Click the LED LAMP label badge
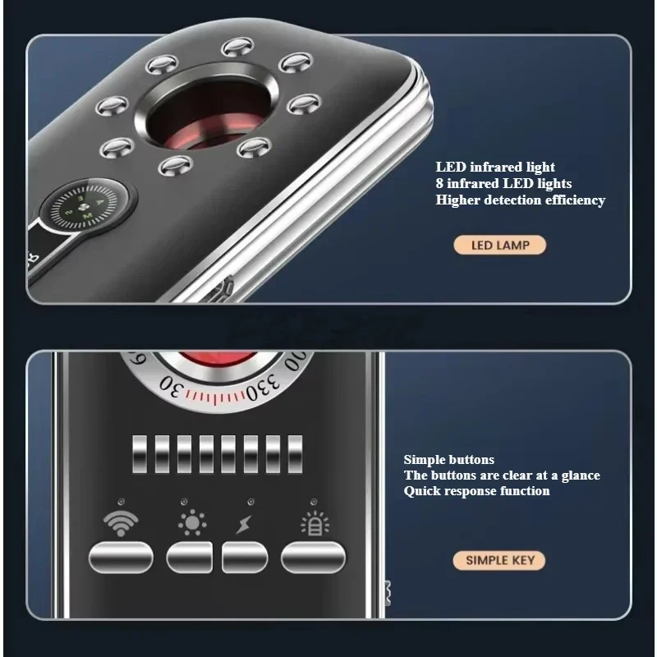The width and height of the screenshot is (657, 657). point(499,245)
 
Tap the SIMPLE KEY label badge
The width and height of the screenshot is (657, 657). point(499,561)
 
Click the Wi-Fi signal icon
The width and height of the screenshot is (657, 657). point(120,523)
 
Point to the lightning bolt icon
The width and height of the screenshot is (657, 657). point(244,524)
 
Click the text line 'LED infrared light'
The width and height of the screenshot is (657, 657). point(495,168)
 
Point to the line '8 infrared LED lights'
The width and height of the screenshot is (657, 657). point(503,184)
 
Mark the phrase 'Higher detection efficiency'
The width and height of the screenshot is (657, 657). point(520,200)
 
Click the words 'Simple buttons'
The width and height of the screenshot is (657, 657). point(448,460)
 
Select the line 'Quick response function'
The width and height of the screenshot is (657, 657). point(476,491)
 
